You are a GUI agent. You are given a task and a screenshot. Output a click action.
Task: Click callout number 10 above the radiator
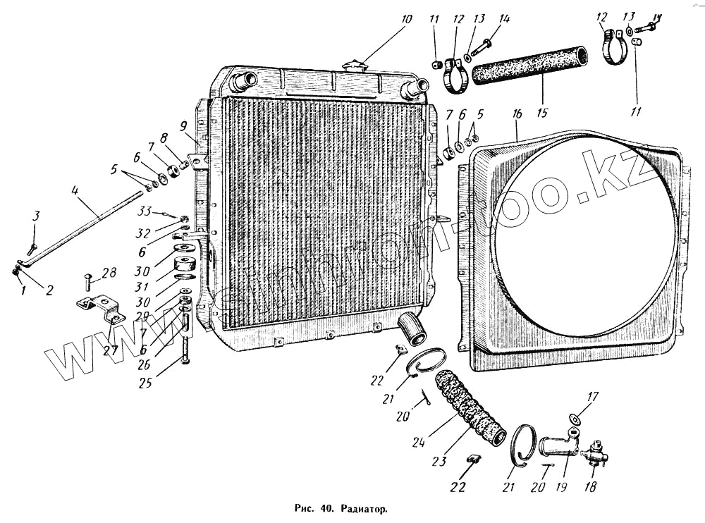pos(406,18)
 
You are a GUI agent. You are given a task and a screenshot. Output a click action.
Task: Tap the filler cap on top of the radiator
pos(352,66)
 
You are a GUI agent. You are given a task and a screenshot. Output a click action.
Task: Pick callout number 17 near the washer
pos(592,397)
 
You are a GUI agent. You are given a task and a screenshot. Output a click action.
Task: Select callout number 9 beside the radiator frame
pos(183,128)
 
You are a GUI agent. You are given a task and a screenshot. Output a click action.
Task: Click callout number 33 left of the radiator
pos(145,210)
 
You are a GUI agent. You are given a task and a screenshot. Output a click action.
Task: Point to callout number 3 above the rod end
pos(37,216)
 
